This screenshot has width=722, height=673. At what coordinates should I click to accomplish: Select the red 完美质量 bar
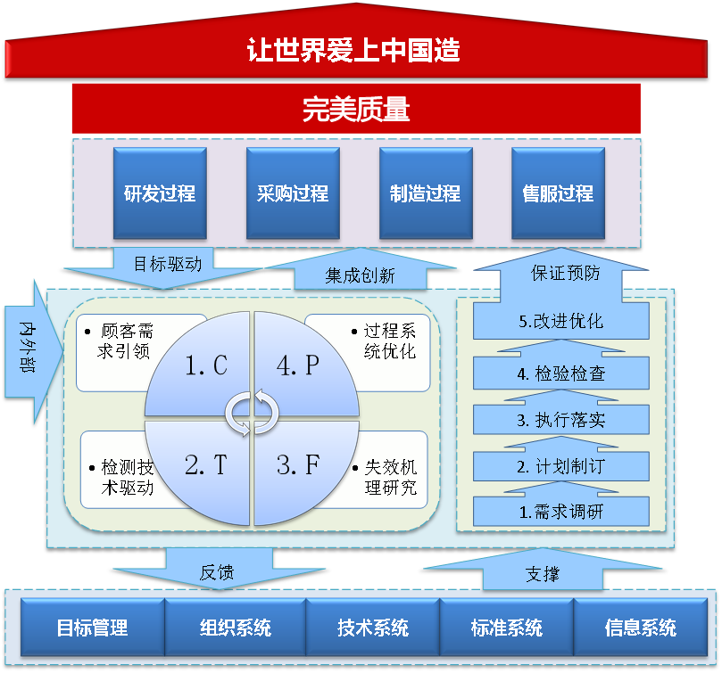click(x=356, y=109)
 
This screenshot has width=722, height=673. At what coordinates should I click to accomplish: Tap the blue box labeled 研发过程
click(x=160, y=193)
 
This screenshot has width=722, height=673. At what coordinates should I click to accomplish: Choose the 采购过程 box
click(x=292, y=193)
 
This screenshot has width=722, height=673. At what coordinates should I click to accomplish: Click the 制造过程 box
click(x=425, y=193)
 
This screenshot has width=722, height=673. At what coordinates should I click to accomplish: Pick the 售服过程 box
click(x=558, y=193)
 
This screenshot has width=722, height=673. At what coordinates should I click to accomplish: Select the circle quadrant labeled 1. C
click(x=202, y=367)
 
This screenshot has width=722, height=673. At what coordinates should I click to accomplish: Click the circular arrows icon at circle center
click(x=251, y=412)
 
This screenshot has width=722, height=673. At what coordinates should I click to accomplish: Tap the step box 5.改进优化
click(x=560, y=322)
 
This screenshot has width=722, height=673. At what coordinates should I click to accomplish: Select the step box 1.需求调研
click(x=560, y=512)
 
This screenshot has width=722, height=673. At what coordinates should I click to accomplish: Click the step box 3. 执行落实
click(x=560, y=418)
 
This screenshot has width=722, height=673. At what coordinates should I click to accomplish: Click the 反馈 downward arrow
click(x=217, y=571)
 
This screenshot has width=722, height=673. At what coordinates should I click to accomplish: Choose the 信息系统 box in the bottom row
click(x=640, y=628)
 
